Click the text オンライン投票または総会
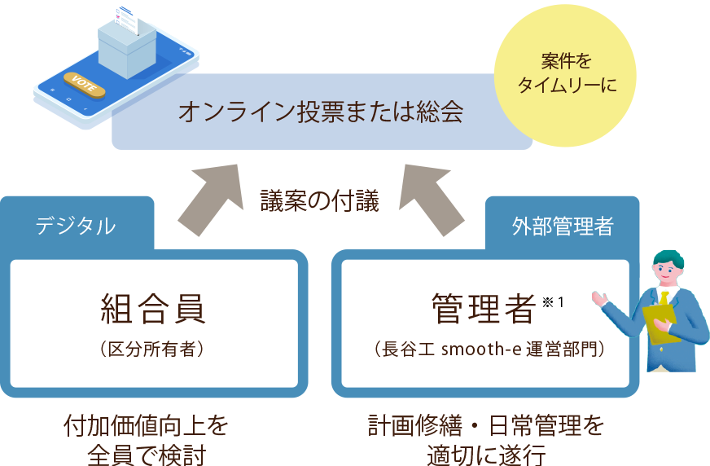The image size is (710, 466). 321,112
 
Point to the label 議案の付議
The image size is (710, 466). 320,201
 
